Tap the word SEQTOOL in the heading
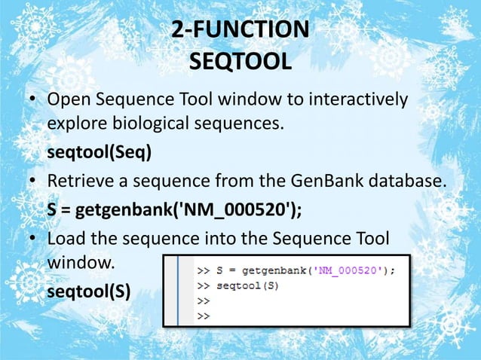point(240,60)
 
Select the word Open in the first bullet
point(67,100)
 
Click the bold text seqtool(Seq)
point(99,154)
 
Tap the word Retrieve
point(78,182)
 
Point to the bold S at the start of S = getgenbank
point(52,209)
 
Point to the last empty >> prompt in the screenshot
point(204,316)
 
